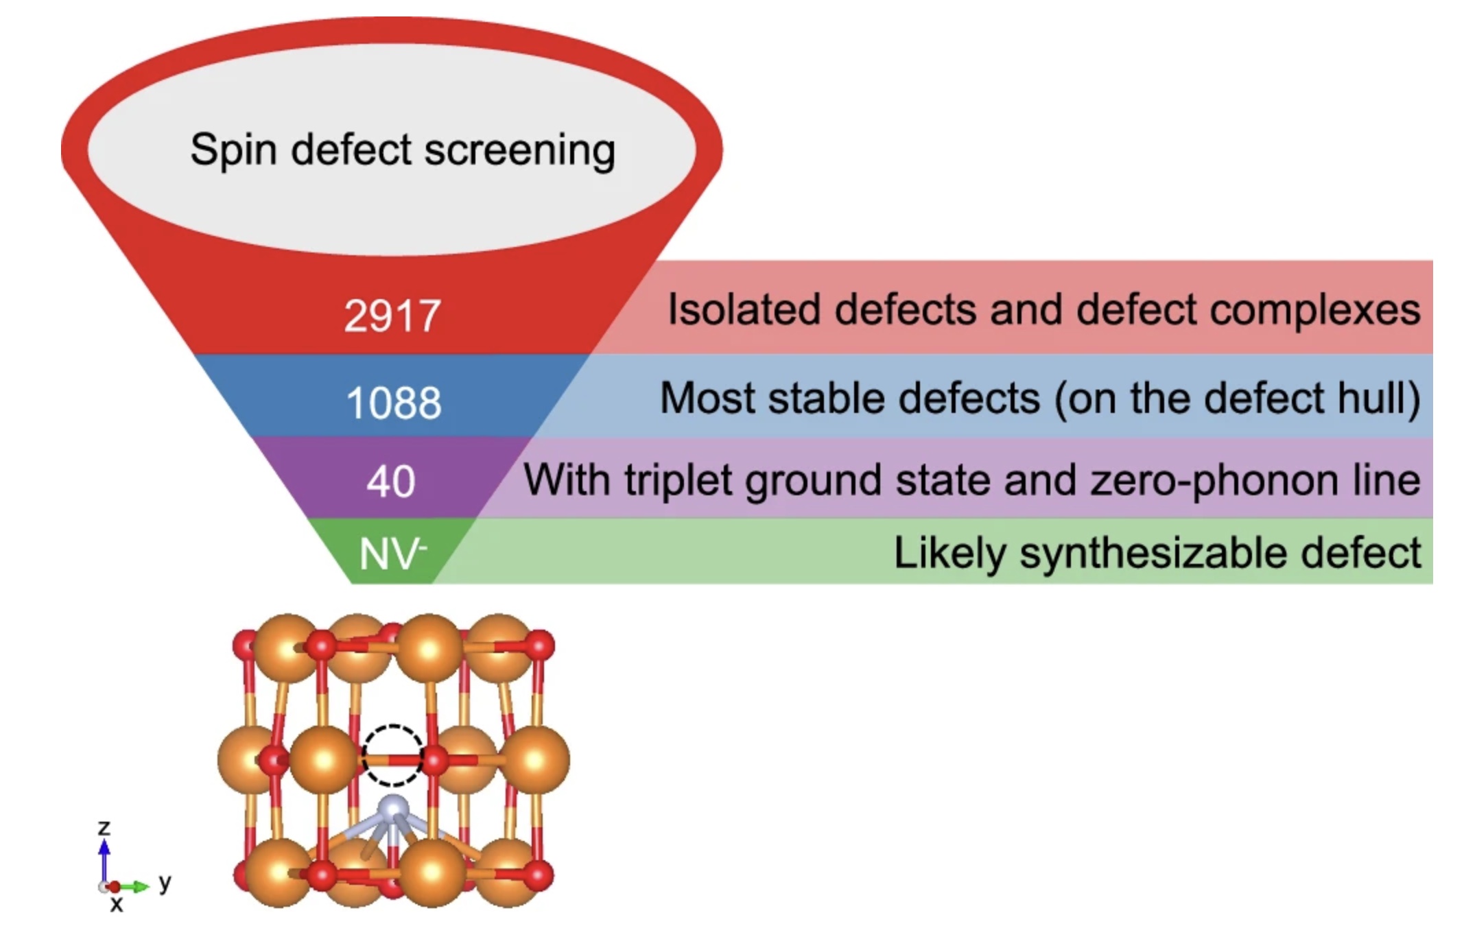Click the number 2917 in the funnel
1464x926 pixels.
(392, 316)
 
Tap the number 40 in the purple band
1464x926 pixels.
(390, 481)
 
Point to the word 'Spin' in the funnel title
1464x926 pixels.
(233, 150)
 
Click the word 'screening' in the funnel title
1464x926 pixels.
(519, 150)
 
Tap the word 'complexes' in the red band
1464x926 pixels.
(1314, 311)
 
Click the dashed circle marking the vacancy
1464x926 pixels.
(393, 755)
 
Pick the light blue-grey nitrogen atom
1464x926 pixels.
(393, 809)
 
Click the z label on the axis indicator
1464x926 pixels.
(104, 828)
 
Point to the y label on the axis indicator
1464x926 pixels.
(165, 883)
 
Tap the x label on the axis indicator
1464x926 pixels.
(117, 905)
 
